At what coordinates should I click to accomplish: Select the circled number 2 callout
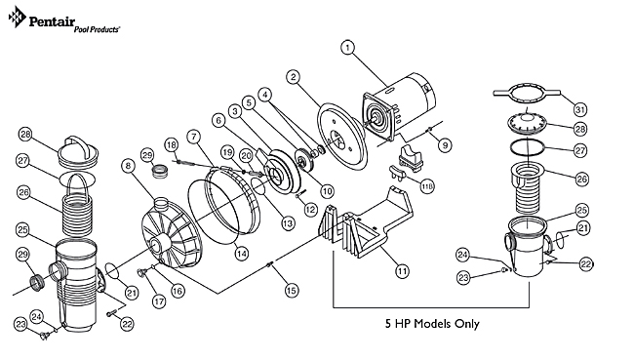point(293,78)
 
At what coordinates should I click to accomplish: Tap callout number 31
point(607,108)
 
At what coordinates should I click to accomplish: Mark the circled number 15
point(290,290)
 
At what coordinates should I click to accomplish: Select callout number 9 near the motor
point(446,145)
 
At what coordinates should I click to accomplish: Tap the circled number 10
point(327,191)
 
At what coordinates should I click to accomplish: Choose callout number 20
point(246,155)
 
